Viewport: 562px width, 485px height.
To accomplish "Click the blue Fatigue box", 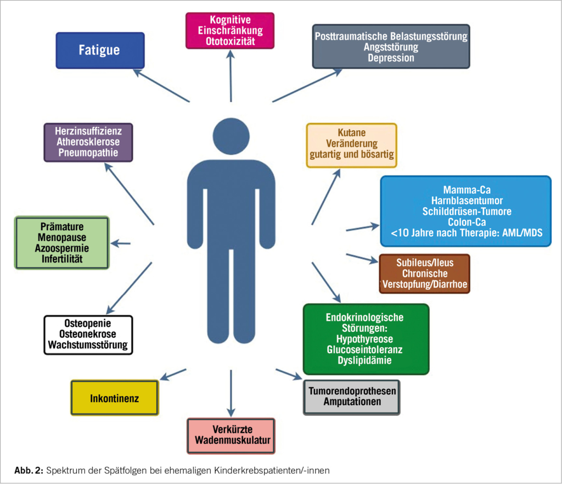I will coord(100,51).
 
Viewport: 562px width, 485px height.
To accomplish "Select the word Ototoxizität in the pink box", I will coord(231,41).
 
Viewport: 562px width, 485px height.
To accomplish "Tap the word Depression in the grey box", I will coord(391,58).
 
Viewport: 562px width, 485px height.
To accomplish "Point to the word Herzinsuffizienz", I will coord(88,131).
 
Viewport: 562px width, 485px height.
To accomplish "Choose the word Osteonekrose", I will coord(88,334).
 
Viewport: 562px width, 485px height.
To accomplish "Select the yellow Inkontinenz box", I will coord(114,398).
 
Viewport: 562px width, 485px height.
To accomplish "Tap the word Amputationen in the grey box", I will coord(352,402).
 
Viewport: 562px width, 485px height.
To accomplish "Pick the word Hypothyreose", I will coord(366,339).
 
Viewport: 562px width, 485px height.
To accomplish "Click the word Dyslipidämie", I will coord(366,360).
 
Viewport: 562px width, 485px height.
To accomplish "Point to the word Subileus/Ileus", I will coord(424,263).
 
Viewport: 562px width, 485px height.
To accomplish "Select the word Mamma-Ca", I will coord(466,189).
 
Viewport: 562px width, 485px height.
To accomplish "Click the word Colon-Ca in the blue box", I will coord(466,222).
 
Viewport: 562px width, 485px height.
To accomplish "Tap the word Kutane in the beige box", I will coord(352,133).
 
